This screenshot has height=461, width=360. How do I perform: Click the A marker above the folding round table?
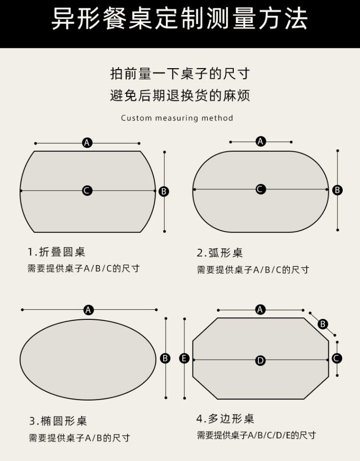tap(87, 143)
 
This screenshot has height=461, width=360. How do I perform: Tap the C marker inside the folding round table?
tap(87, 191)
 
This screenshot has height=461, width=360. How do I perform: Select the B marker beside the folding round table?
tap(164, 191)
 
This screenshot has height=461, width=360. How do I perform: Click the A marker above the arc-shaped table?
tap(261, 141)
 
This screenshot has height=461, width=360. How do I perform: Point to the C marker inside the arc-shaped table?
tap(260, 189)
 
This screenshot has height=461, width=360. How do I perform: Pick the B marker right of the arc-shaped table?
tap(337, 190)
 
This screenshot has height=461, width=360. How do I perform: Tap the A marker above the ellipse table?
tap(88, 310)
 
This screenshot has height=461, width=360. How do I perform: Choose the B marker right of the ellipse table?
tap(165, 358)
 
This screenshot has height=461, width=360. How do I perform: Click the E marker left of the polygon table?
tap(185, 358)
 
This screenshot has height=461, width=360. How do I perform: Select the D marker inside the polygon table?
tap(260, 360)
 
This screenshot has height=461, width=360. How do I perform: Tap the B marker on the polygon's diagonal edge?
tap(323, 324)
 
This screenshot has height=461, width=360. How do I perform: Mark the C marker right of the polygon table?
tap(337, 358)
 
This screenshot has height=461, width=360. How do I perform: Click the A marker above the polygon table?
tap(260, 310)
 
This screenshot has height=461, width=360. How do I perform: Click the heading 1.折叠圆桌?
tap(57, 252)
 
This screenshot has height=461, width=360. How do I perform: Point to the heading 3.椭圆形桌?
tap(58, 421)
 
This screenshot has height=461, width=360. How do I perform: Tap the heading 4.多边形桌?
tap(225, 419)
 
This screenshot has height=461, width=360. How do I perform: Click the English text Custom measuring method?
tap(177, 118)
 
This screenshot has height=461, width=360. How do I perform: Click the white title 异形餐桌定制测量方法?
tap(180, 20)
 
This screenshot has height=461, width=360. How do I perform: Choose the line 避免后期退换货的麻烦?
tap(180, 96)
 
